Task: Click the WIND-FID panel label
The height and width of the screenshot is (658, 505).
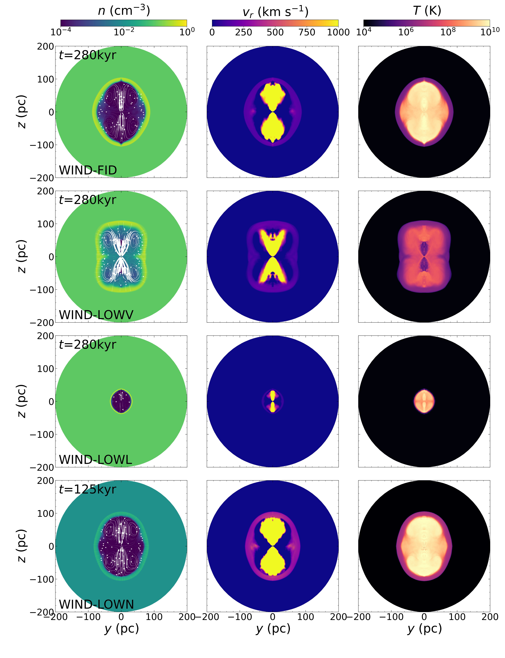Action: point(88,170)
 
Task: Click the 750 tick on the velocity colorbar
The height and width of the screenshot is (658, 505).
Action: point(307,32)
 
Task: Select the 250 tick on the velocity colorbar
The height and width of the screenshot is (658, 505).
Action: point(243,32)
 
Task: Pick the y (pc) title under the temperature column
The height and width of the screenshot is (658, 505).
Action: point(424,629)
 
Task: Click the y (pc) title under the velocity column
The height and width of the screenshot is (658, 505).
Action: point(273,629)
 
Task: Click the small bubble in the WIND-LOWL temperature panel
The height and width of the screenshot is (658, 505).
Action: point(424,402)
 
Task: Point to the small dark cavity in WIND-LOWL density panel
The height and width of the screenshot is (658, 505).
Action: point(121,402)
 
